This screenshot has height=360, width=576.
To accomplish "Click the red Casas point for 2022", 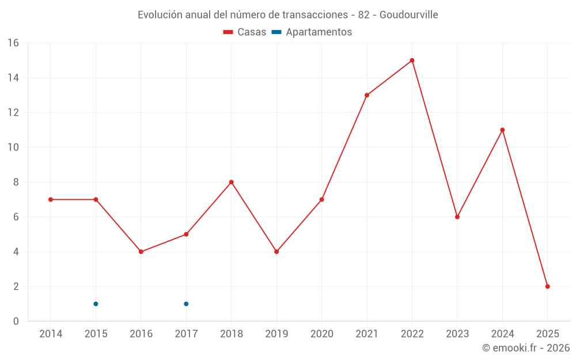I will (412, 60).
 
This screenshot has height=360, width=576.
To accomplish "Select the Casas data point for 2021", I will (367, 95).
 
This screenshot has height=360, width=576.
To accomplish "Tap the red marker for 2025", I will (547, 286).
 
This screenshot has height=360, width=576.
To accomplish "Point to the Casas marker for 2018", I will (231, 182).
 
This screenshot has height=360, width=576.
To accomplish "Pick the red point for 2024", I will (502, 130).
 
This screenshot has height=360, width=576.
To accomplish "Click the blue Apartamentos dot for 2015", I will (96, 304).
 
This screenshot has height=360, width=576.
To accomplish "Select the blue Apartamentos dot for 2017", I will (186, 304).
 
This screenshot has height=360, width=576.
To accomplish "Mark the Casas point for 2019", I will (276, 252).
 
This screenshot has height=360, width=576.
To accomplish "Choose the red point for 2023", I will (457, 217).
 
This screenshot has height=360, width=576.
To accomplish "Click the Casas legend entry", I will (245, 32).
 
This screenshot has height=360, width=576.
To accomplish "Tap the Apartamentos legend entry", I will (312, 32).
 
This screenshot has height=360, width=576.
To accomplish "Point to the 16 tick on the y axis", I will (13, 43).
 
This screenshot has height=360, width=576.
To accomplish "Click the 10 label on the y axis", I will (13, 147).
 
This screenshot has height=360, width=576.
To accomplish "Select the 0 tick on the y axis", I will (16, 321).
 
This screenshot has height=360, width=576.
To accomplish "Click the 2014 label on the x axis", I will (51, 334).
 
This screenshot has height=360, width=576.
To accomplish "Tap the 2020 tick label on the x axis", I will (321, 334).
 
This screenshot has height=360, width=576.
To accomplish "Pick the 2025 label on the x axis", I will (547, 334).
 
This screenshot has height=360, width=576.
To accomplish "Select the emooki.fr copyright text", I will (526, 348).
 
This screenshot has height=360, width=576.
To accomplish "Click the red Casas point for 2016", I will (141, 252).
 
